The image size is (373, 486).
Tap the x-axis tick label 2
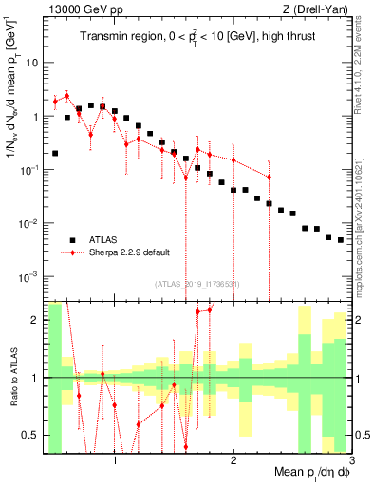(233, 462)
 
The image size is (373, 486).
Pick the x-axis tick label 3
(350, 462)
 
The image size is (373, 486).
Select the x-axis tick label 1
(115, 462)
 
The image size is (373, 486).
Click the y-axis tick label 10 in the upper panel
(30, 63)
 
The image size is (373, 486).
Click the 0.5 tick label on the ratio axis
(30, 435)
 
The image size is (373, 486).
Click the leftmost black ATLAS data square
(55, 153)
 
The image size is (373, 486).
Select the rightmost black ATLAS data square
(341, 240)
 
